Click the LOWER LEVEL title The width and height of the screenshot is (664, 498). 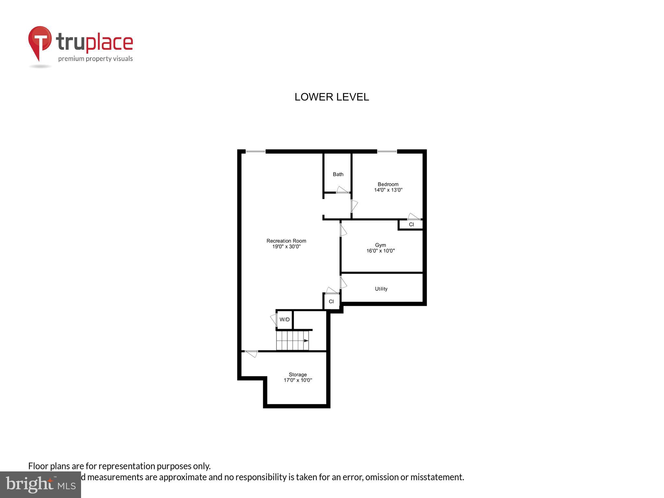331,97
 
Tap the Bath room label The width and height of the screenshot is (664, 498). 338,174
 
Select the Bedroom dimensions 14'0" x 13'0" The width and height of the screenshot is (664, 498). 388,190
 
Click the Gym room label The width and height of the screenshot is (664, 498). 380,245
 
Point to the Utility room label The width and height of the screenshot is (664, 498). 381,289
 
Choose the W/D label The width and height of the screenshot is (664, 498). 284,320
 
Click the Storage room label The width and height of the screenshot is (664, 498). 298,374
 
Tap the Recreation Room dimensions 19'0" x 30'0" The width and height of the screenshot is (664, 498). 286,246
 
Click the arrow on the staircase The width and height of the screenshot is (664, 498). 306,340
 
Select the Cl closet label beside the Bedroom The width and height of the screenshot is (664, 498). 411,224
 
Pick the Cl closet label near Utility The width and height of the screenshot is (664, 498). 331,302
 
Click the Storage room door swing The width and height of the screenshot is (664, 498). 251,354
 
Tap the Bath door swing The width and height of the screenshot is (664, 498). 342,190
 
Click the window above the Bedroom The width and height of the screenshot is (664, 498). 387,151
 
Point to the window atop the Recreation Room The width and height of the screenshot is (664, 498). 255,151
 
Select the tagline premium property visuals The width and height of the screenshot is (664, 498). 95,59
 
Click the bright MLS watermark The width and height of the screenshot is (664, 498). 41,484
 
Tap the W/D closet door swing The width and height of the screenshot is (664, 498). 274,320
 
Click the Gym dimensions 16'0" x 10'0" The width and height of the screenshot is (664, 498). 380,251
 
